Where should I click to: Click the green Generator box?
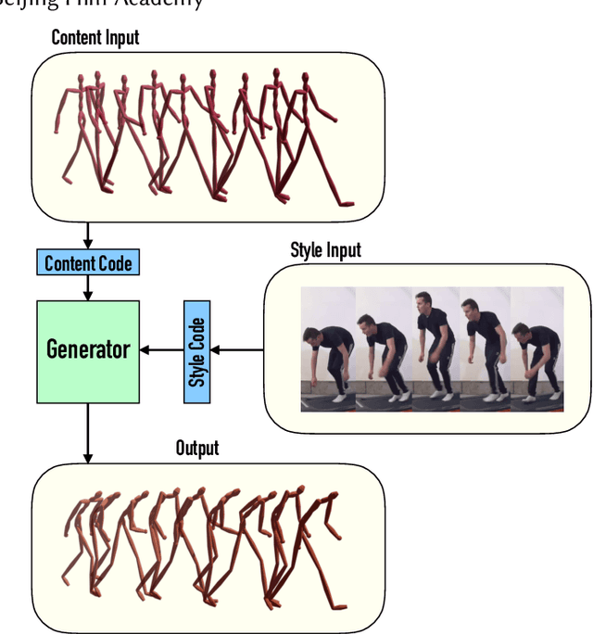coord(88,350)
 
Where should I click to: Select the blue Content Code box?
coord(88,263)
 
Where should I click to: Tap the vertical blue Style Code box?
coord(196,350)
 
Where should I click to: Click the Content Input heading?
coord(95,38)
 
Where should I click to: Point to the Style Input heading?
coord(325,250)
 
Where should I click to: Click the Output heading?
coord(197,449)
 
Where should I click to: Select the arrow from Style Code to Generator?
coord(161,350)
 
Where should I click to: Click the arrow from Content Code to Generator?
coord(88,288)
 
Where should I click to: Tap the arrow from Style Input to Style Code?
coord(237,350)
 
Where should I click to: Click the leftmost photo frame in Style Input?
coord(328,349)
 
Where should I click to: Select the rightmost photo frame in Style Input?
coord(537,349)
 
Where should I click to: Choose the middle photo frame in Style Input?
coord(434,349)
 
